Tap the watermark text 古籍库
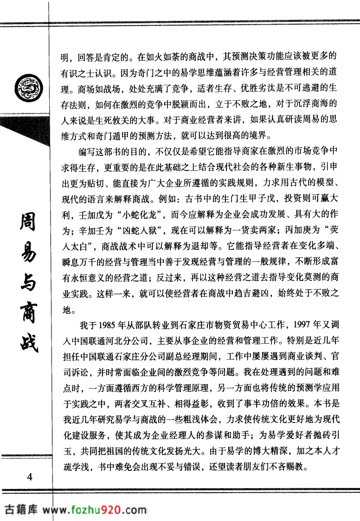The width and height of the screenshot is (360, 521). tap(20, 510)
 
